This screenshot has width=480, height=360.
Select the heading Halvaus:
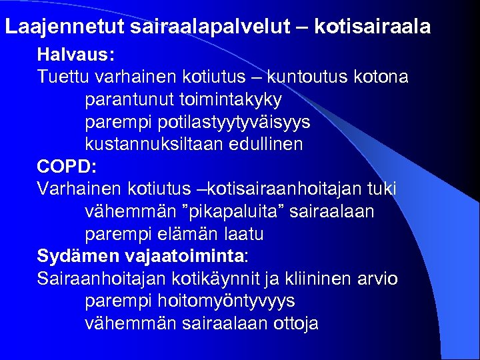[66, 54]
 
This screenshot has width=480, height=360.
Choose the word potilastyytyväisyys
[234, 123]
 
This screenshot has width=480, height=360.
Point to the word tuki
[381, 189]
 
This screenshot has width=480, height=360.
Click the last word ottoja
[291, 324]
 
